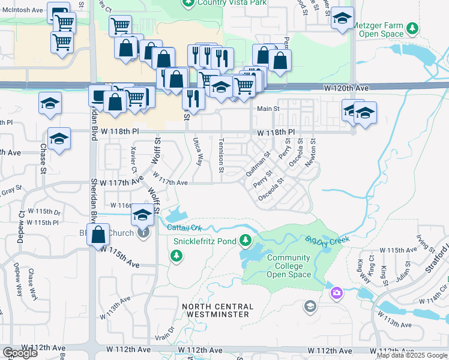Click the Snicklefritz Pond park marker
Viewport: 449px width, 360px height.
click(x=246, y=241)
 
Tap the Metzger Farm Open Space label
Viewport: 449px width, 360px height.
click(x=381, y=31)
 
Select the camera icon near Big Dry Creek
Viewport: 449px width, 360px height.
click(x=337, y=292)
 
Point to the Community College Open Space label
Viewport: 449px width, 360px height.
click(x=288, y=266)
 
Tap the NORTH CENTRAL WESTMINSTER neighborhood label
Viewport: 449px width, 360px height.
click(x=224, y=310)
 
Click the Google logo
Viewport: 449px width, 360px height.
click(x=20, y=353)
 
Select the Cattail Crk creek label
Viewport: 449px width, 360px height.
click(x=184, y=227)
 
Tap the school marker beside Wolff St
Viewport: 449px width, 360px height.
click(x=142, y=215)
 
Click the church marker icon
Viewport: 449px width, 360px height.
click(x=143, y=232)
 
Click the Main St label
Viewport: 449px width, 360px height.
click(x=268, y=109)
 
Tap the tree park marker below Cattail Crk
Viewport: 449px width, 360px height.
click(x=176, y=256)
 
